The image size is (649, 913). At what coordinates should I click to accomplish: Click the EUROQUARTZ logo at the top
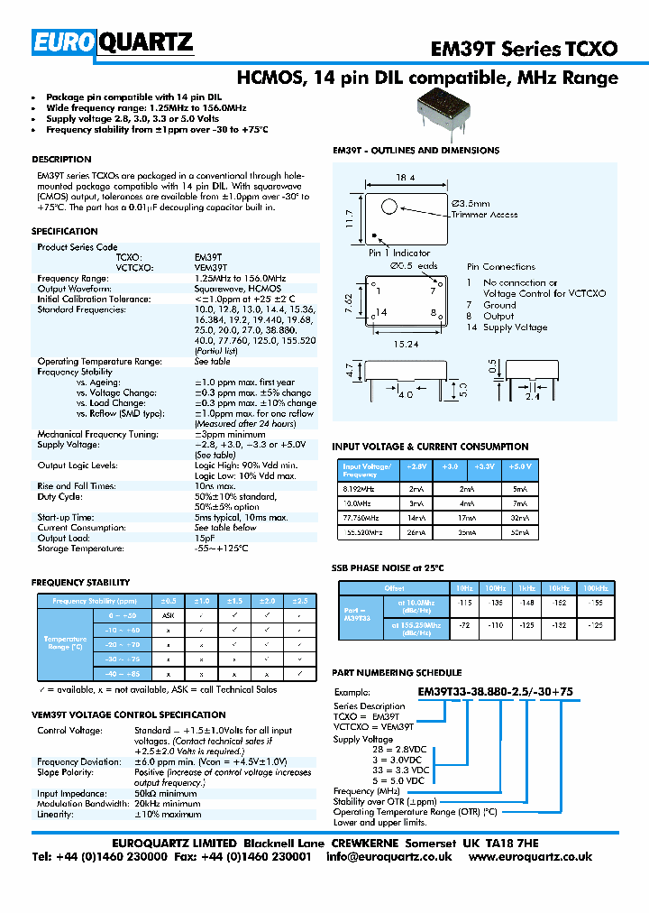tap(113, 41)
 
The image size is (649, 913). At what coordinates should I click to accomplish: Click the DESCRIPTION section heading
tap(61, 160)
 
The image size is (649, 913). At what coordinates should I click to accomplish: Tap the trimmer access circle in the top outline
tap(389, 207)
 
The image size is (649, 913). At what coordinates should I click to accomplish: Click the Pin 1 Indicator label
tap(399, 254)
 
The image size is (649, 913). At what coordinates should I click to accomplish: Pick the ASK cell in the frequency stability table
tap(168, 614)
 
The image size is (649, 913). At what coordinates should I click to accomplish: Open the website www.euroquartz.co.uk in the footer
tap(530, 857)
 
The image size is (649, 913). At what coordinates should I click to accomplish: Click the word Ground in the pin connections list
tap(500, 305)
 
